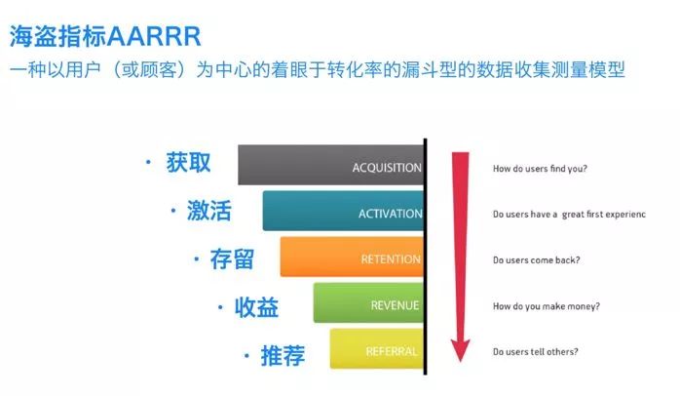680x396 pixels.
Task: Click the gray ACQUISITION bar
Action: click(331, 166)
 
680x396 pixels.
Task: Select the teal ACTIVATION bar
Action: click(343, 212)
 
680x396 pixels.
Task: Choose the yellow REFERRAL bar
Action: click(376, 349)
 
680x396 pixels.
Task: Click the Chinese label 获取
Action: click(188, 162)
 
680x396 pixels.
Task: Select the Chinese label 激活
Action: click(208, 211)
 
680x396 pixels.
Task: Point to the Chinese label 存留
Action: click(232, 258)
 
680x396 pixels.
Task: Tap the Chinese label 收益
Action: click(256, 307)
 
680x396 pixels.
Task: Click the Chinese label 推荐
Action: click(283, 355)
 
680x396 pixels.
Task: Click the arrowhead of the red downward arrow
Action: click(460, 346)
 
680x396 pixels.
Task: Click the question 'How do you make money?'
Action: click(546, 306)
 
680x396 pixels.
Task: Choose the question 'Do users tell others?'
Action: click(535, 351)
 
